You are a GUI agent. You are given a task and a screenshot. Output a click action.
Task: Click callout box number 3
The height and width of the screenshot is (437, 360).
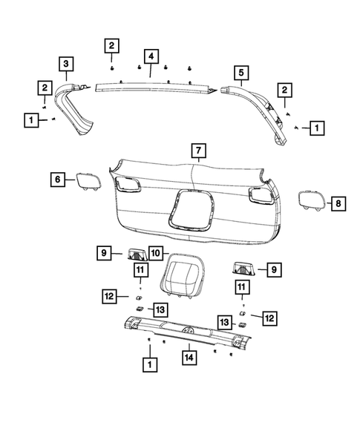66,64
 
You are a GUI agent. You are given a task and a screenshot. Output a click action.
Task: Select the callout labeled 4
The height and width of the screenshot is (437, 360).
151,56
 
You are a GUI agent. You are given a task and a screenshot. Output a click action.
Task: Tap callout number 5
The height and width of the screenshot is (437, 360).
240,72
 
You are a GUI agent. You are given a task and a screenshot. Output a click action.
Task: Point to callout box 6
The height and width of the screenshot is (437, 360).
57,179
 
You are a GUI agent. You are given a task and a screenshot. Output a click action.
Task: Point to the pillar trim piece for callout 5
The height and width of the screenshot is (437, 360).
264,108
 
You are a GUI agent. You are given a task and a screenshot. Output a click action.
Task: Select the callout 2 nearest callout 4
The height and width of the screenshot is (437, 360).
111,46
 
